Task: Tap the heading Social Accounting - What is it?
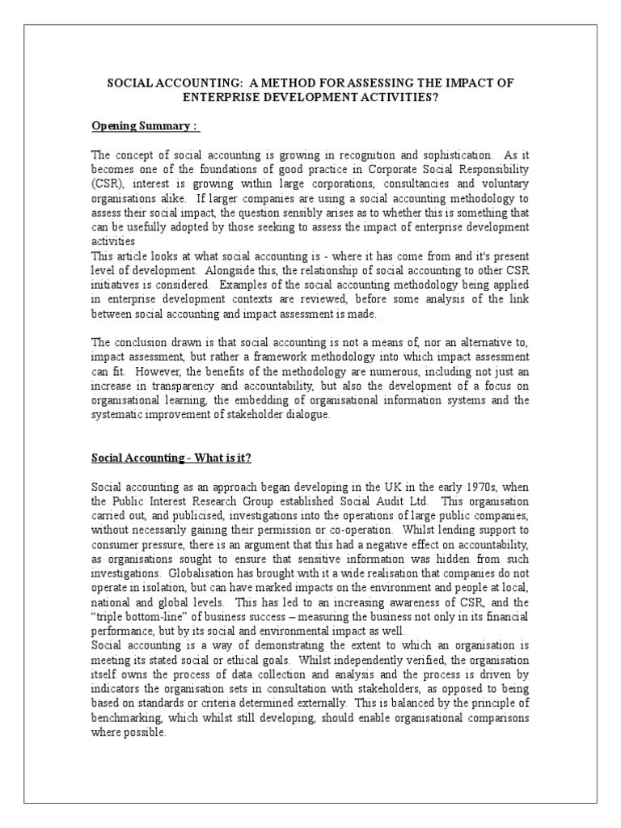[x=171, y=458]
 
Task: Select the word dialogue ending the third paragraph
[x=308, y=414]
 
